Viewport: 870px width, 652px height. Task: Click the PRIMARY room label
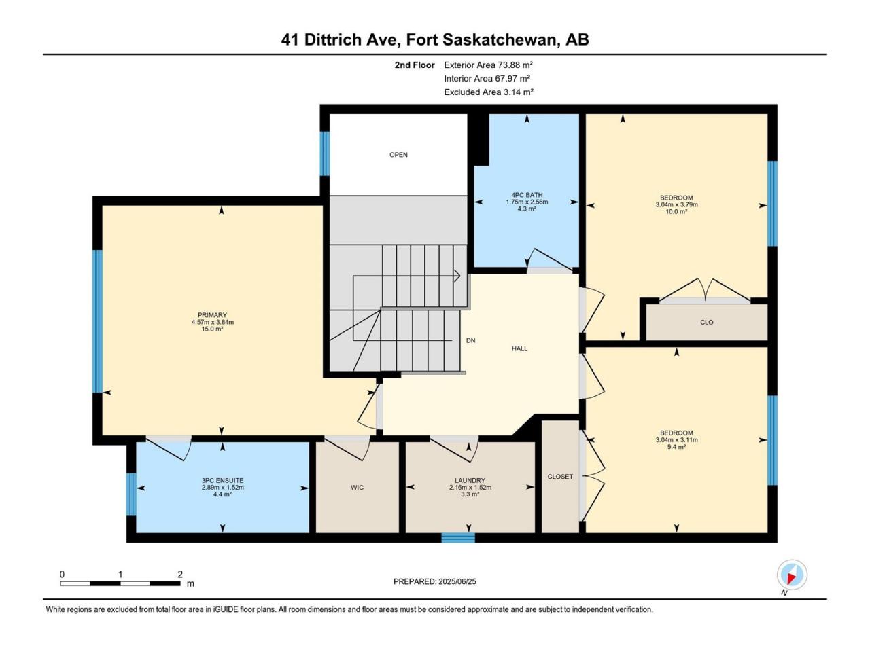coord(212,315)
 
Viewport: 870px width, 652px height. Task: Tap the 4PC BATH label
coord(527,195)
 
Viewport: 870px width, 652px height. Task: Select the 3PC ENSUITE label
coord(222,481)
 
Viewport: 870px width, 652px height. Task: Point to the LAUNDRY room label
coord(470,481)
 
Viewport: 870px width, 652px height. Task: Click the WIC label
coord(357,488)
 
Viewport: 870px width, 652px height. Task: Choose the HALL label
coord(520,349)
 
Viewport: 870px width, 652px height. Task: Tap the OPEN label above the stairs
coord(398,155)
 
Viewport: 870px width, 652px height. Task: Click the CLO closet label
coord(707,322)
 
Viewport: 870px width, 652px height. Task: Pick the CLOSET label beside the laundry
coord(560,477)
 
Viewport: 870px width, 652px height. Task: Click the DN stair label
coord(470,340)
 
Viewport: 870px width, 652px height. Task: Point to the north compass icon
coord(792,575)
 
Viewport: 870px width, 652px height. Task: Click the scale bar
coord(120,583)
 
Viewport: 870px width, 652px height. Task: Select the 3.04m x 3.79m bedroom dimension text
coord(676,204)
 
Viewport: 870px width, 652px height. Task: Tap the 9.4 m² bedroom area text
coord(676,447)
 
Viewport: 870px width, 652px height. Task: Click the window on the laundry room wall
coord(458,538)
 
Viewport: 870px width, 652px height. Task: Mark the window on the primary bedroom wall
coord(97,321)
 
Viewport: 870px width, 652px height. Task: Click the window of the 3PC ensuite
coord(131,494)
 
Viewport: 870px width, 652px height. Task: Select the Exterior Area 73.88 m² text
coord(488,65)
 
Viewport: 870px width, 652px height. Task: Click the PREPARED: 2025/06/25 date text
coord(435,581)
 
